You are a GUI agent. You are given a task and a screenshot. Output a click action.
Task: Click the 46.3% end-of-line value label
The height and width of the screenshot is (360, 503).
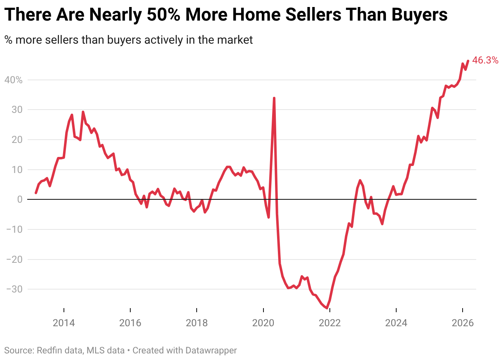click(x=485, y=61)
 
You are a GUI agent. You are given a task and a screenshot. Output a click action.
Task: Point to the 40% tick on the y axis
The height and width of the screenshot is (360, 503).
click(x=13, y=80)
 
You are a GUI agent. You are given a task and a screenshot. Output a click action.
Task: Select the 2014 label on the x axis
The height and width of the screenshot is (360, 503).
click(x=64, y=323)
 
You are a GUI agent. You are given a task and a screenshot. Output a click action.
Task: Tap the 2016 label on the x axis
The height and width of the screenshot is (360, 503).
click(x=130, y=323)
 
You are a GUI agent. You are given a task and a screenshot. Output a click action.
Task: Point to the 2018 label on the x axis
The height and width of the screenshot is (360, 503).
click(x=197, y=323)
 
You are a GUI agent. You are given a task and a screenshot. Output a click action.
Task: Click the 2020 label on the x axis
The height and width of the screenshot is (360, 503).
click(x=263, y=323)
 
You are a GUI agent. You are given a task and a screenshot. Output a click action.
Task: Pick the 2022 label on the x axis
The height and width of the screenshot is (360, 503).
click(x=330, y=323)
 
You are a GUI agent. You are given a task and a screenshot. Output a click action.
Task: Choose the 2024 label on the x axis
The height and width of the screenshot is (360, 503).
click(x=396, y=323)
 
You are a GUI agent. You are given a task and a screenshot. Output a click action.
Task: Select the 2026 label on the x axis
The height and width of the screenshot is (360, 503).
click(x=463, y=323)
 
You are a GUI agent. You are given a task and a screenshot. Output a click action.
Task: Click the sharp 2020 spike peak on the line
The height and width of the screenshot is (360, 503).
click(x=274, y=98)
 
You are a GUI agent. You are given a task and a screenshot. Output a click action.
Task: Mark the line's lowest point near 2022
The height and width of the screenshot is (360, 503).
click(x=327, y=308)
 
